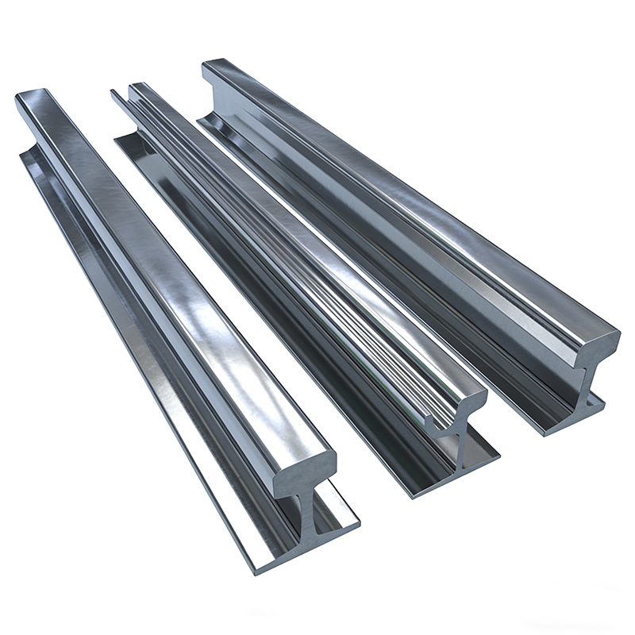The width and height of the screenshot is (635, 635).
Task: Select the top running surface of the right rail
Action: point(413,198)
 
